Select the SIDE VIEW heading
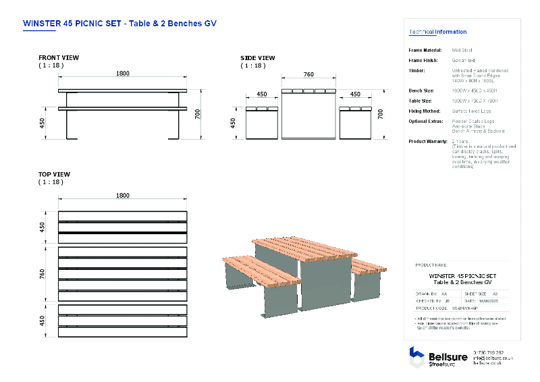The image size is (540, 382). pyautogui.click(x=258, y=58)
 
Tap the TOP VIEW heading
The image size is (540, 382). pyautogui.click(x=54, y=175)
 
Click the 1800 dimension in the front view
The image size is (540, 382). pyautogui.click(x=122, y=74)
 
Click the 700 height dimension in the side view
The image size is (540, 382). pyautogui.click(x=381, y=114)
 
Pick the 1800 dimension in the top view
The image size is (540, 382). pyautogui.click(x=122, y=196)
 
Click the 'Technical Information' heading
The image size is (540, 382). pyautogui.click(x=437, y=32)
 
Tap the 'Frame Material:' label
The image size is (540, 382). pyautogui.click(x=425, y=50)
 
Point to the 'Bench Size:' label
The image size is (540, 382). pyautogui.click(x=421, y=90)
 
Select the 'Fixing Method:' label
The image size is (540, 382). pyautogui.click(x=425, y=111)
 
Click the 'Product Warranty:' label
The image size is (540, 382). pyautogui.click(x=428, y=141)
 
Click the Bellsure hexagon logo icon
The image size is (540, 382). pyautogui.click(x=417, y=356)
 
